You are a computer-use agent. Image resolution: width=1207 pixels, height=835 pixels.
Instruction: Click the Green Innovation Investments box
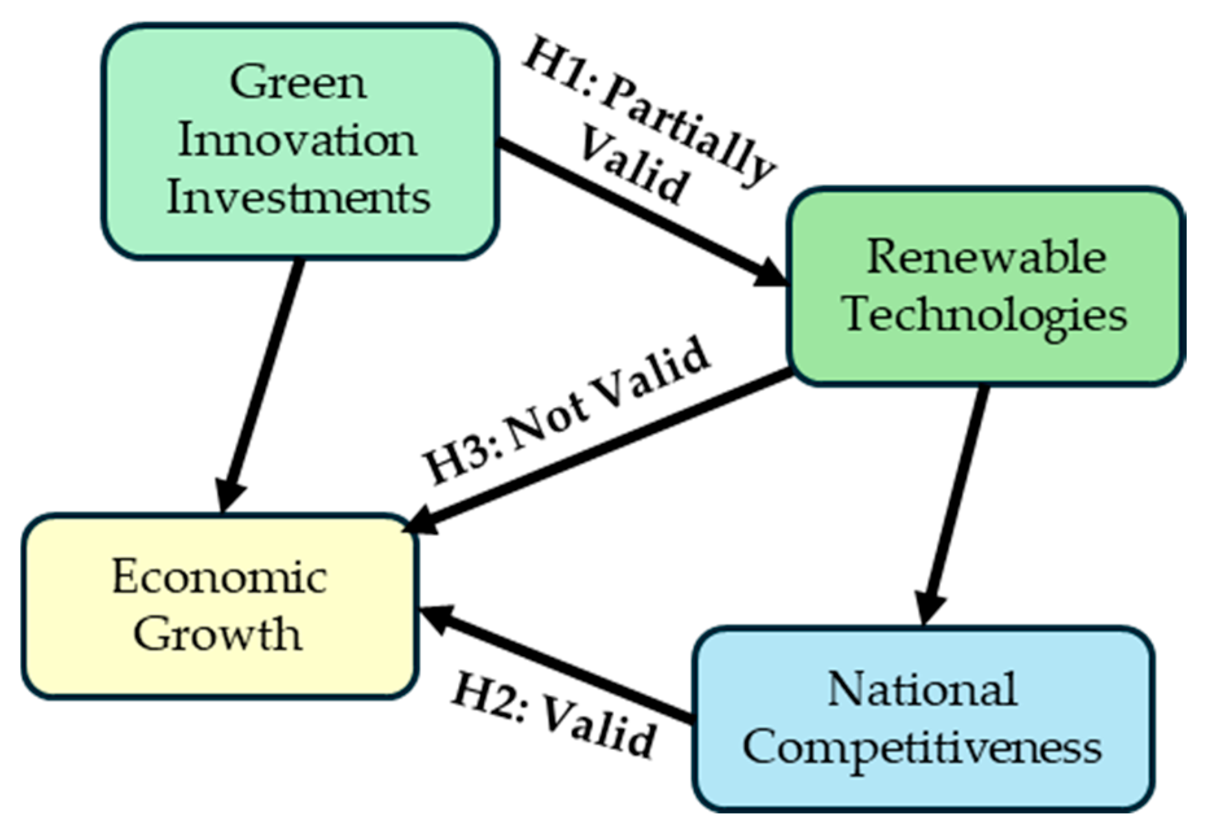299,141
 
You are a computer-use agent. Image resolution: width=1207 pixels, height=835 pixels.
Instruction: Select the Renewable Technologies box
985,286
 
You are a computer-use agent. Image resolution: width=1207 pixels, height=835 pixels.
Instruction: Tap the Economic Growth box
219,606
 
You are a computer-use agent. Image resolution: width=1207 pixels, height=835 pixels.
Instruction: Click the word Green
299,83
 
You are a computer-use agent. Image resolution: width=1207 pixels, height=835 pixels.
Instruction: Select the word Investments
299,197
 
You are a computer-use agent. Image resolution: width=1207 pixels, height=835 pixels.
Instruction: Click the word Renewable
986,257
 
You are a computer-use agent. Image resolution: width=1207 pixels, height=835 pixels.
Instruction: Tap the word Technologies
985,315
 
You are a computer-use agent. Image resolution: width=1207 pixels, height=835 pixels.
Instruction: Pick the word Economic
220,576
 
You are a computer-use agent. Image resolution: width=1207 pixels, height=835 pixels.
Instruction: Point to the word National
922,689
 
